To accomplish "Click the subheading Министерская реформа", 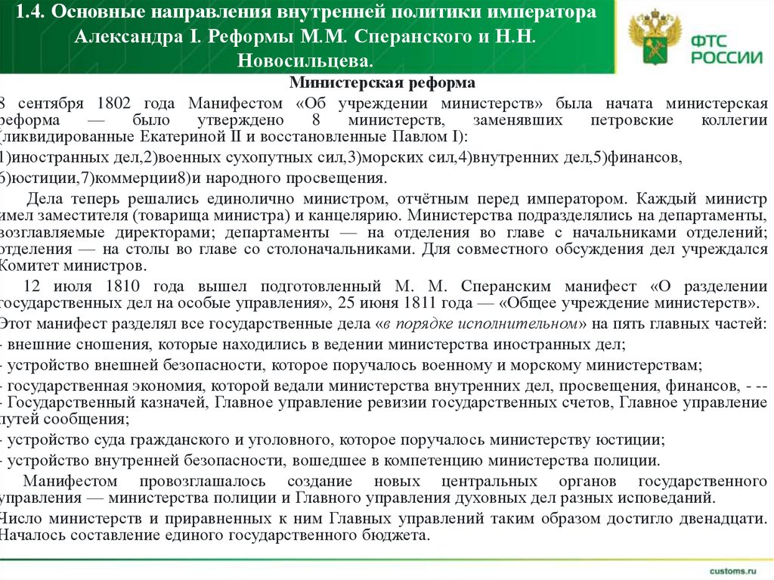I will pyautogui.click(x=382, y=82).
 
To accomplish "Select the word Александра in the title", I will pyautogui.click(x=126, y=36).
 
